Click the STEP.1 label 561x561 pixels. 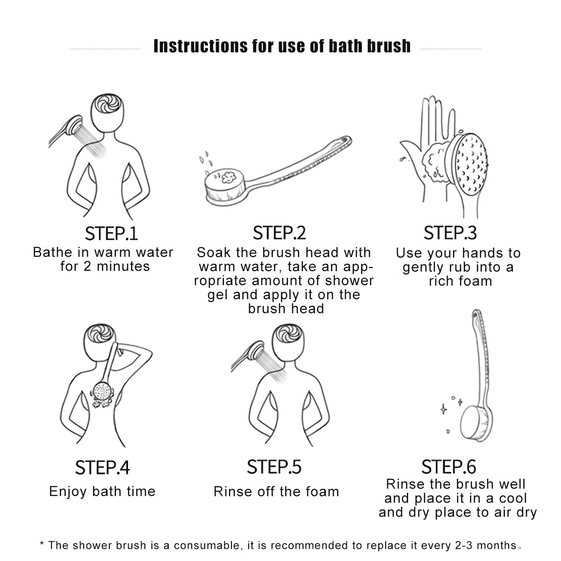point(111,233)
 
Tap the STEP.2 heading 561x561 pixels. point(279,233)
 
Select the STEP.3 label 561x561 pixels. point(450,233)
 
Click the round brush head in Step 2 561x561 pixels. point(225,186)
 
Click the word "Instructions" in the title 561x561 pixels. point(200,46)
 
